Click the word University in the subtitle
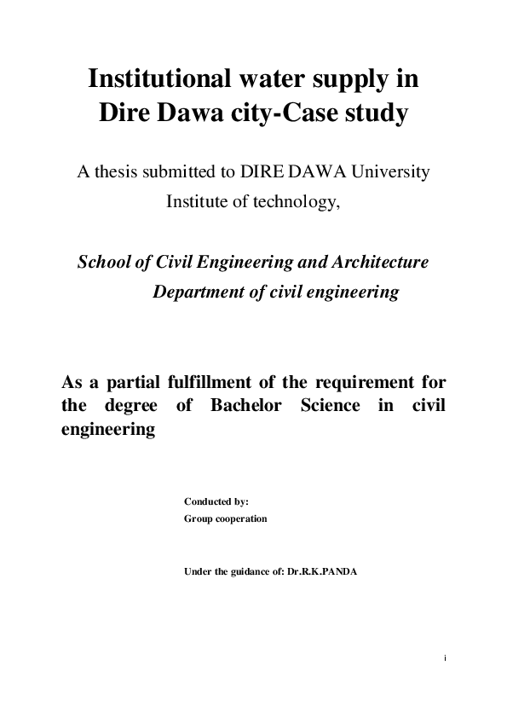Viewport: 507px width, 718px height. [387, 171]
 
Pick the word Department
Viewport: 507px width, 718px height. [197, 292]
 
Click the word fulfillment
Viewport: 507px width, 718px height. [217, 380]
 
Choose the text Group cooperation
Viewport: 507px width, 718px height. [226, 518]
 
